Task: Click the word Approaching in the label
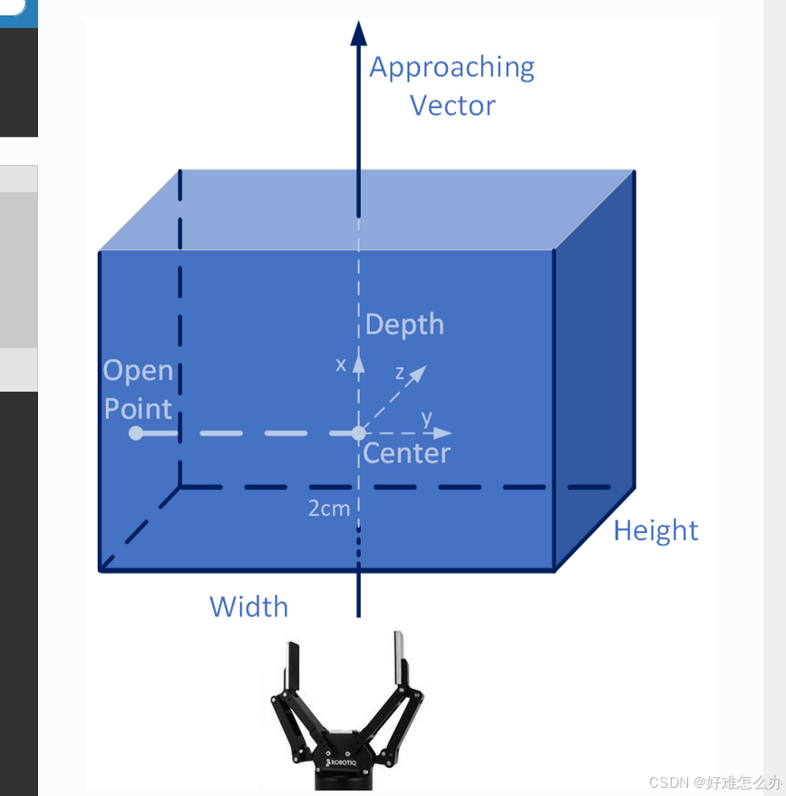pyautogui.click(x=451, y=68)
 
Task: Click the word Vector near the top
pyautogui.click(x=452, y=105)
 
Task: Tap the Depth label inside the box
pyautogui.click(x=404, y=325)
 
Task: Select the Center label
pyautogui.click(x=407, y=453)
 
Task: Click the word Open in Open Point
pyautogui.click(x=138, y=371)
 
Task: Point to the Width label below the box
pyautogui.click(x=248, y=607)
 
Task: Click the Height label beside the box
pyautogui.click(x=655, y=530)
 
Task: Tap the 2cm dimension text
pyautogui.click(x=328, y=509)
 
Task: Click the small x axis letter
pyautogui.click(x=341, y=364)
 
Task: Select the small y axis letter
pyautogui.click(x=426, y=417)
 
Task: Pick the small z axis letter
pyautogui.click(x=400, y=373)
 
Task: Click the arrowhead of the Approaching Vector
pyautogui.click(x=358, y=33)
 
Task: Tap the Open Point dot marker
pyautogui.click(x=136, y=433)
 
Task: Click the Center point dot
pyautogui.click(x=359, y=433)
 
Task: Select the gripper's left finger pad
pyautogui.click(x=292, y=667)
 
